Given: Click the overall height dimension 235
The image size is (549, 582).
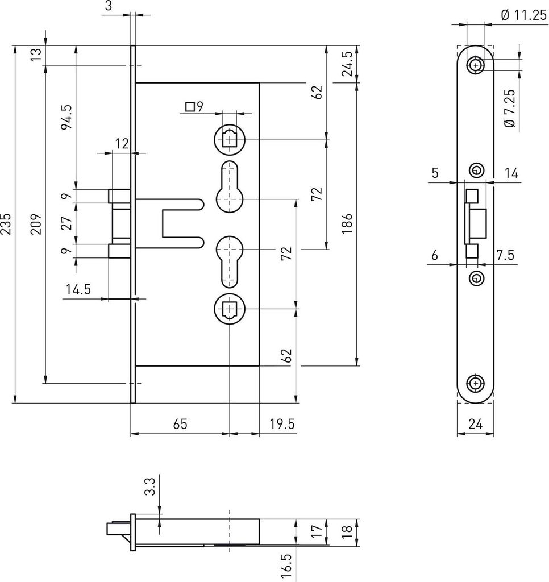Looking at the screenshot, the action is [6, 223].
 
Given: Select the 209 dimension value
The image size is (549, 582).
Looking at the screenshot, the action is [36, 223].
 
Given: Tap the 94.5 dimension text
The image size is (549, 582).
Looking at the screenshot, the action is [66, 117].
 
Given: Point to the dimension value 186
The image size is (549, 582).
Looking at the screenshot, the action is [347, 223].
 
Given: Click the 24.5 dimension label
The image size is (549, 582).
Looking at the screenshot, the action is [347, 64].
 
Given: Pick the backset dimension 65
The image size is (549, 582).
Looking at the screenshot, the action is [180, 423].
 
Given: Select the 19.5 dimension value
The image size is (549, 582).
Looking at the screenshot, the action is [282, 423].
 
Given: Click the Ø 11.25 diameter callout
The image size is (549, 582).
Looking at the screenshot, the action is [524, 15].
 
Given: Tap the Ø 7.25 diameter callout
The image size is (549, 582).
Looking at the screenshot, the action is [510, 108].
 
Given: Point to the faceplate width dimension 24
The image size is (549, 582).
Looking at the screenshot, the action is [476, 423].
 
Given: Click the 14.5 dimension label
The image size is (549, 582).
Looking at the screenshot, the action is [78, 289].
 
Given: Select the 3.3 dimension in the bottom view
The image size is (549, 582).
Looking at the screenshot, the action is [150, 487].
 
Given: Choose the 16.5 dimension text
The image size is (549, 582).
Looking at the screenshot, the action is [286, 568].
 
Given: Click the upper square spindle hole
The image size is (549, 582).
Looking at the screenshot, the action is [230, 140].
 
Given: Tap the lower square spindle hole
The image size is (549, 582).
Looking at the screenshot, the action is [230, 309].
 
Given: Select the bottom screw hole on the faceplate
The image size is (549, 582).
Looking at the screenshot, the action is [476, 383].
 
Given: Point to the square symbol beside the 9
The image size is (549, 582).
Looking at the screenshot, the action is [190, 107].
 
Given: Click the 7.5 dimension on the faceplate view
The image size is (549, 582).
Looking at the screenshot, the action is [506, 255].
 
